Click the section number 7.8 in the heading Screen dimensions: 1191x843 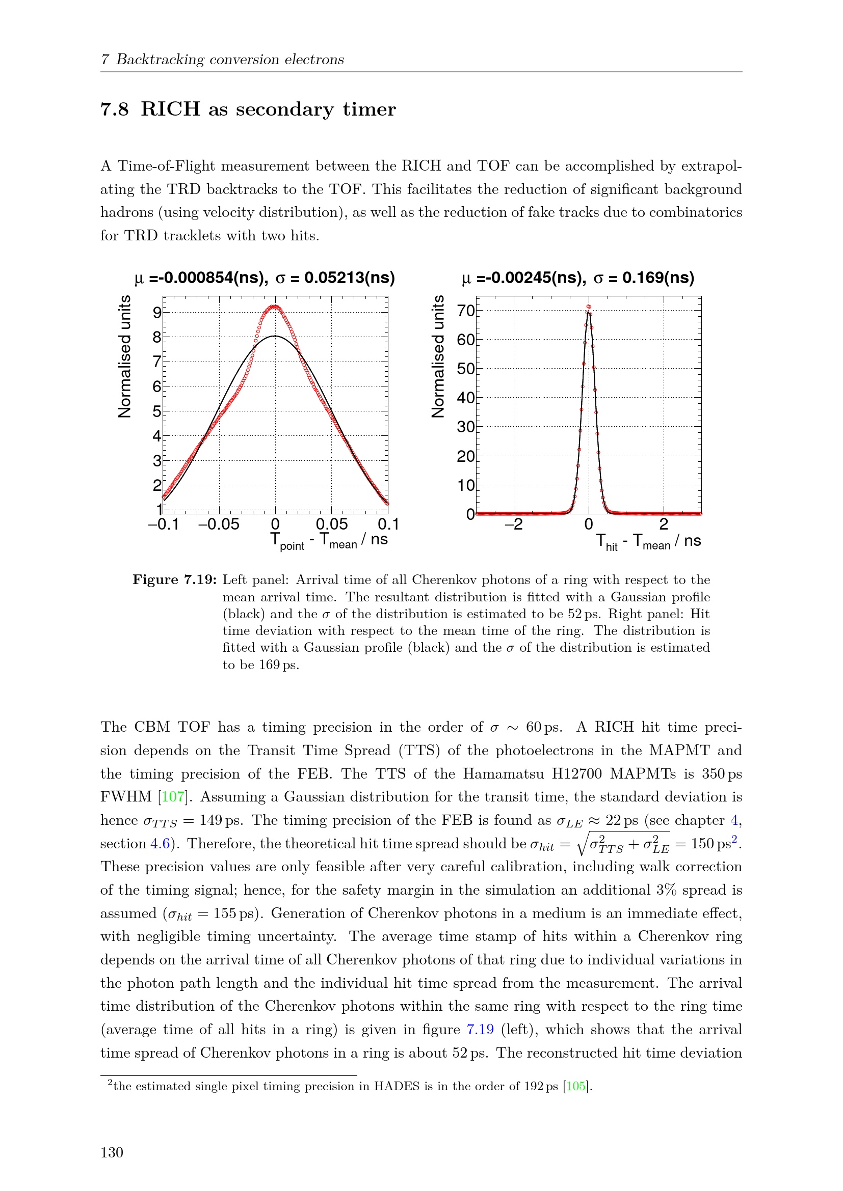(114, 109)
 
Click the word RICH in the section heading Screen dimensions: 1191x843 (170, 109)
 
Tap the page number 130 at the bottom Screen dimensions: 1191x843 (112, 1153)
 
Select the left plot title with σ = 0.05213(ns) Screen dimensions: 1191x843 (264, 278)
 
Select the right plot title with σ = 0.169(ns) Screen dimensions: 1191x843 (578, 278)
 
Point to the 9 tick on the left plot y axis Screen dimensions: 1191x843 (157, 312)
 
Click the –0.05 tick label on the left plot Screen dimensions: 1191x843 (219, 524)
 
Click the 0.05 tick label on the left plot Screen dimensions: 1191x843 (331, 524)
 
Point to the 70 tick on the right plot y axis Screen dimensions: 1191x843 (466, 311)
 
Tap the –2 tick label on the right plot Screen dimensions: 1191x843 (513, 524)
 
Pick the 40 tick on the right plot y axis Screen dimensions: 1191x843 (466, 398)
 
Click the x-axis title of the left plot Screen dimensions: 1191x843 (329, 541)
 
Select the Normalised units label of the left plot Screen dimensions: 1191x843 (124, 356)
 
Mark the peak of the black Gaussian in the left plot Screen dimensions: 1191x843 (275, 336)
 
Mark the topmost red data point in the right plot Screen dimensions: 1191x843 (589, 307)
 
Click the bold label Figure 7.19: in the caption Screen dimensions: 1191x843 (174, 579)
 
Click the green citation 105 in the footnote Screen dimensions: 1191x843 (575, 1086)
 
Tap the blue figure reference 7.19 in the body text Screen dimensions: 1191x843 (480, 1029)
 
